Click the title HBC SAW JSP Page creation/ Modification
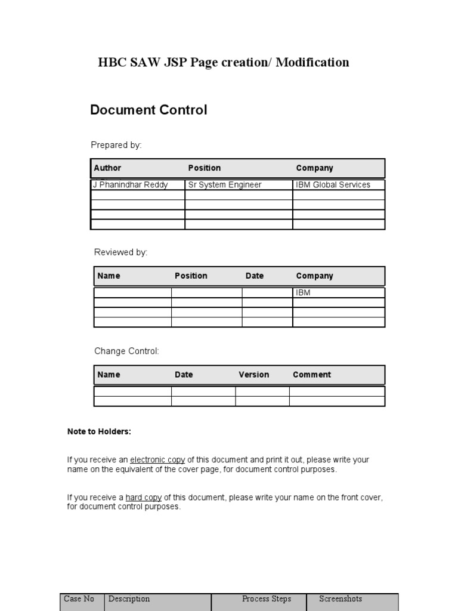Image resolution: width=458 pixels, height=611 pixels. [x=224, y=63]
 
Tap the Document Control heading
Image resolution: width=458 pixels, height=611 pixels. [x=148, y=110]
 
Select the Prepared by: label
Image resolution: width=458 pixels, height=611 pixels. [x=116, y=145]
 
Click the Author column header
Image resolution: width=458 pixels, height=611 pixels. [x=107, y=168]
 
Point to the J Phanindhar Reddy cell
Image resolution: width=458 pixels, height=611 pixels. [x=130, y=185]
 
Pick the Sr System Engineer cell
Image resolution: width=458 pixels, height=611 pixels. [x=225, y=185]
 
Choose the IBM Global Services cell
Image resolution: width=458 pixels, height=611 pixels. [x=333, y=185]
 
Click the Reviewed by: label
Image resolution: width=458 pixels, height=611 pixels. [x=120, y=252]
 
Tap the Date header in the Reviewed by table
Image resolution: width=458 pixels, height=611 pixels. [x=255, y=276]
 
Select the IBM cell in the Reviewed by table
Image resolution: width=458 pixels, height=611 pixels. [x=304, y=293]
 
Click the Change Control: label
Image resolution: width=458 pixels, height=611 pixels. [x=126, y=351]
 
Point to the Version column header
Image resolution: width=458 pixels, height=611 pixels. [x=254, y=375]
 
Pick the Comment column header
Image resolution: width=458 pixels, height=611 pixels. [x=312, y=375]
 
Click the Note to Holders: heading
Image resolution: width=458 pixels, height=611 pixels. [x=99, y=432]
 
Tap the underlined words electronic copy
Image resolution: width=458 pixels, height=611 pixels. [x=157, y=460]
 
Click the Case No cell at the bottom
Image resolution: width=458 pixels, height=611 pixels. [x=79, y=599]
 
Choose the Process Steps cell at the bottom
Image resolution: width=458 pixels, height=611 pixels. [x=267, y=599]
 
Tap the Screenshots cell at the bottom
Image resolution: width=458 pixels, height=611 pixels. [x=341, y=599]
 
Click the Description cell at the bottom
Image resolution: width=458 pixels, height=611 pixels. [x=129, y=599]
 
